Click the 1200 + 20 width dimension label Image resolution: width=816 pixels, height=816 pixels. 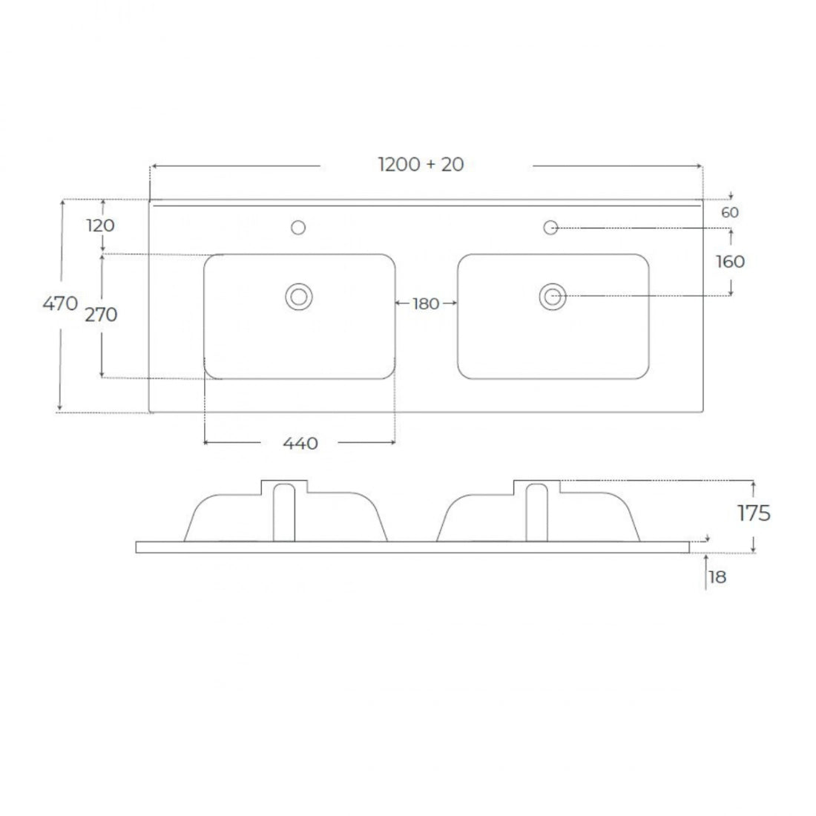pyautogui.click(x=421, y=165)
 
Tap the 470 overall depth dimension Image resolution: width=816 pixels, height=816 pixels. pyautogui.click(x=60, y=303)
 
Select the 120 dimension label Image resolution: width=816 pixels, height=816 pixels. pyautogui.click(x=100, y=226)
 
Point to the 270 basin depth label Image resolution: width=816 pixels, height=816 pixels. pyautogui.click(x=101, y=315)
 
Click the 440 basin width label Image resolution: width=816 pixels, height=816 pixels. pyautogui.click(x=300, y=444)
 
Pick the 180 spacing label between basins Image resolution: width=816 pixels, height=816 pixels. pyautogui.click(x=426, y=303)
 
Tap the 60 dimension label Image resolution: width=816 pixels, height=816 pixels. pyautogui.click(x=730, y=212)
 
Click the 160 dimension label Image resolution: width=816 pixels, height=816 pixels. pyautogui.click(x=730, y=261)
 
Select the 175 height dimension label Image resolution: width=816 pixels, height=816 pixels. pyautogui.click(x=754, y=513)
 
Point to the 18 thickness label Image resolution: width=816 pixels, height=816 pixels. pyautogui.click(x=717, y=576)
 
